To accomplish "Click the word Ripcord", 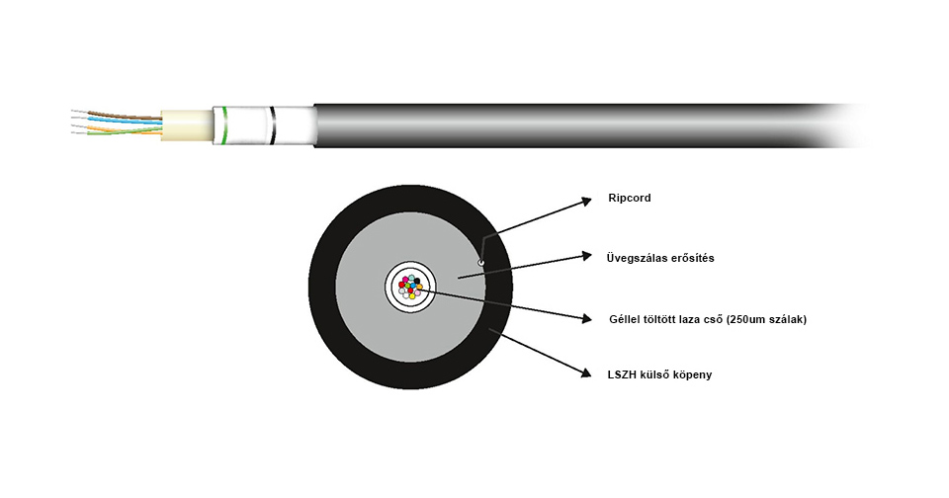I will [630, 199].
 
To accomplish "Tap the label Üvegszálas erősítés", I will [660, 258].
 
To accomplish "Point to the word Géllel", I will [628, 319].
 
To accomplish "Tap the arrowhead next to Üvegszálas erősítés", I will [586, 257].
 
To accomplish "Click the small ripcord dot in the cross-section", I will [480, 263].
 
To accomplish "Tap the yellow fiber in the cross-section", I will [411, 295].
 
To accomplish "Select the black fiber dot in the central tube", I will [417, 282].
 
